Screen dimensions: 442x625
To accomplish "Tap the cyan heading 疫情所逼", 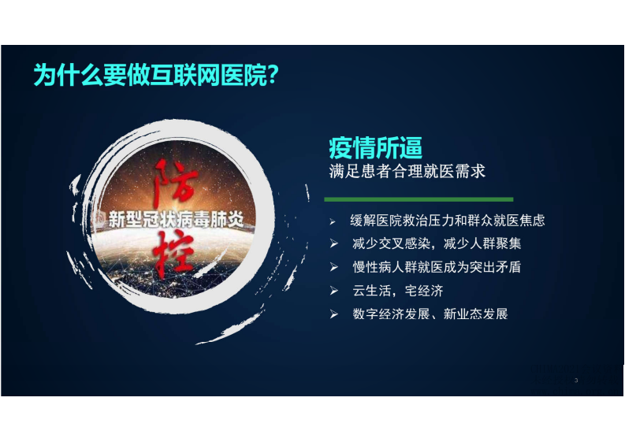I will click(x=375, y=147).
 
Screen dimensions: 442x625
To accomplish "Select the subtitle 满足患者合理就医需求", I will click(x=407, y=171).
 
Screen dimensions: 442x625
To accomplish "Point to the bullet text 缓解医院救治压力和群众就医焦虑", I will click(x=447, y=221).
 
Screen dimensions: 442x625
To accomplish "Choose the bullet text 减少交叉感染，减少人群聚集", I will click(x=437, y=244).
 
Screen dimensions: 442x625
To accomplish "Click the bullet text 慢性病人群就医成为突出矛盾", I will click(x=437, y=267).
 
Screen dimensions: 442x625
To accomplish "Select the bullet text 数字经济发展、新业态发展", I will click(x=430, y=314).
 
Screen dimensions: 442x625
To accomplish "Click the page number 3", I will click(x=576, y=381).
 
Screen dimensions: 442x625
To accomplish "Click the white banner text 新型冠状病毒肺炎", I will click(x=184, y=218).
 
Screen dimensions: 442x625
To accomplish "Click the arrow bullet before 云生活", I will click(x=334, y=291).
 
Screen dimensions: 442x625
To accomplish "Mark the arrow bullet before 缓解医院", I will click(x=333, y=221).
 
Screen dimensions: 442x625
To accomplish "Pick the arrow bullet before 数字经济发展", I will click(x=334, y=314).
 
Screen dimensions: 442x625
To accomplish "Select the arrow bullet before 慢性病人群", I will click(x=334, y=267).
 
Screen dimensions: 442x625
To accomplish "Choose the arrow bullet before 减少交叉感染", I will click(x=334, y=244).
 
